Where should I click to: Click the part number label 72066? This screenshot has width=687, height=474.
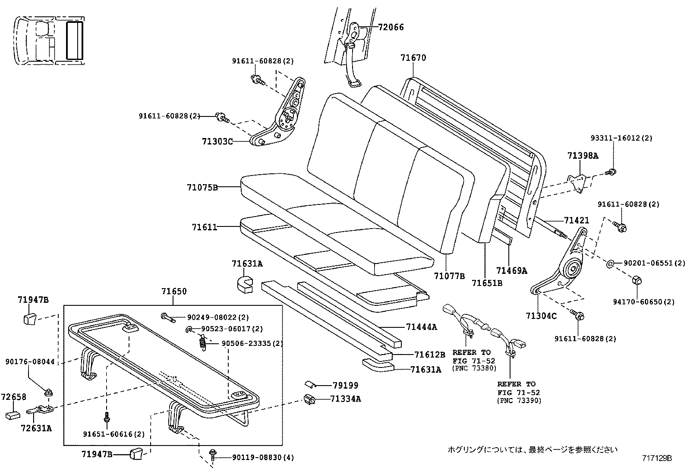(391, 27)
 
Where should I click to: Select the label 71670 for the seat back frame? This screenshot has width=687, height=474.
(413, 57)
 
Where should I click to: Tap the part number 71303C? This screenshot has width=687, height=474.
(217, 141)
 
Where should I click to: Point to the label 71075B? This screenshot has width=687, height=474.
(202, 187)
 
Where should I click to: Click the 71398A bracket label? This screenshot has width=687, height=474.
(583, 156)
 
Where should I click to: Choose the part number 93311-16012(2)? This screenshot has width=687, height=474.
(621, 138)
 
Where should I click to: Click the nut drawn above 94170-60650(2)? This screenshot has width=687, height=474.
(635, 280)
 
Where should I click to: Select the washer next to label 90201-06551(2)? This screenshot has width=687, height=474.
(611, 264)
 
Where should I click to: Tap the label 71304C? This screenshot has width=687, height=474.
(541, 316)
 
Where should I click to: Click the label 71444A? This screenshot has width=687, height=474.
(421, 327)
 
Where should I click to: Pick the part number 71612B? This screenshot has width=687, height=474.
(429, 355)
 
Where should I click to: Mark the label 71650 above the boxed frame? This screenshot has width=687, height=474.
(174, 292)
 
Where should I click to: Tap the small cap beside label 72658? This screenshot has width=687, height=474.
(13, 415)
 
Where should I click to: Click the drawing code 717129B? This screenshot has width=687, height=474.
(656, 458)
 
